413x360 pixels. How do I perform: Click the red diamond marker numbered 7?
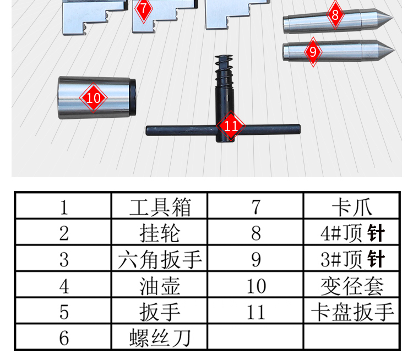pos(144,9)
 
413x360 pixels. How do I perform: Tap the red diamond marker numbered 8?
pos(335,15)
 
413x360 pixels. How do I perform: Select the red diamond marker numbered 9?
pos(313,52)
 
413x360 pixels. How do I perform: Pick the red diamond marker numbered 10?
pos(93,98)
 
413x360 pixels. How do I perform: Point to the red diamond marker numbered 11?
pos(231,126)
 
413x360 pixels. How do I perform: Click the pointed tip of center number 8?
pos(392,18)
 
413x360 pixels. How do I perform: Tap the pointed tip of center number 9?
pos(394,50)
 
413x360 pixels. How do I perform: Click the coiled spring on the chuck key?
pos(224,68)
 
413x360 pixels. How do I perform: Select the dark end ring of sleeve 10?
pos(133,97)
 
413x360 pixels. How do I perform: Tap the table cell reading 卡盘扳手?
pos(352,312)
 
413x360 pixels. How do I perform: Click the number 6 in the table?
pos(64,338)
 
